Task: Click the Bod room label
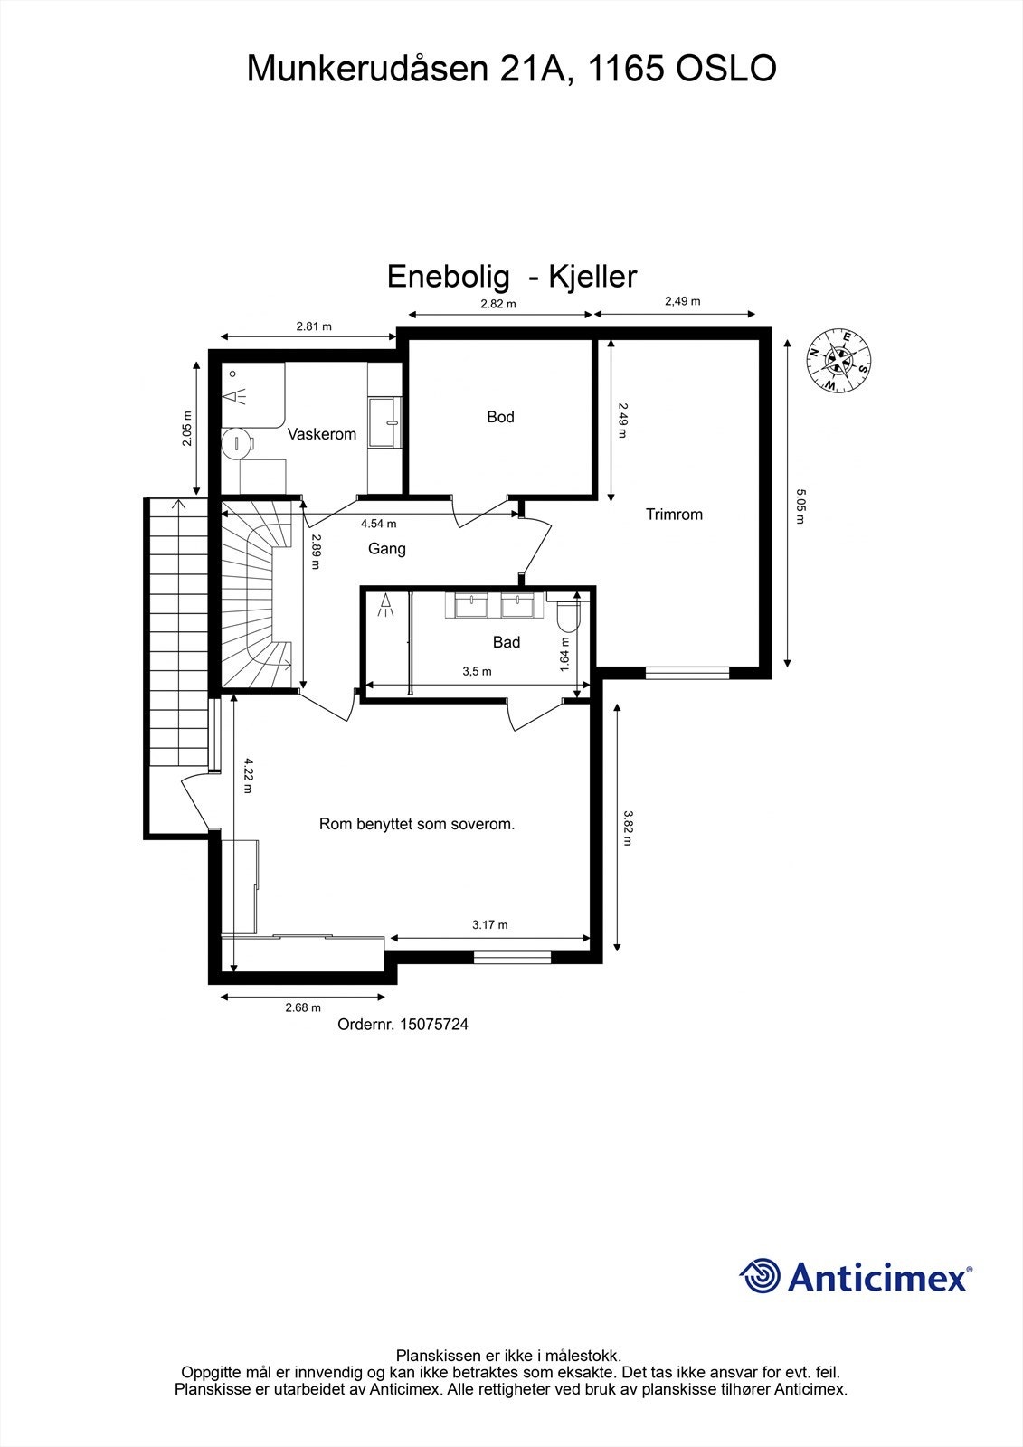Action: point(500,417)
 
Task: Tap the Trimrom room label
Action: point(674,515)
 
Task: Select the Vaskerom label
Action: point(322,434)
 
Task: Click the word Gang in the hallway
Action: point(386,549)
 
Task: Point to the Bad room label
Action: point(507,642)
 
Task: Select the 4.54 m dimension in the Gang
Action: point(378,524)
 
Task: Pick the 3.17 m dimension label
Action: point(489,925)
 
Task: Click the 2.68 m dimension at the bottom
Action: point(303,1007)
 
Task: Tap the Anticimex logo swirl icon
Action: point(760,1276)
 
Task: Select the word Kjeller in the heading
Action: point(593,277)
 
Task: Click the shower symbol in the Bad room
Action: point(386,604)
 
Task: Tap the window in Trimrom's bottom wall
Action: point(687,672)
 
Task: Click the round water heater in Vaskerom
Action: point(237,444)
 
